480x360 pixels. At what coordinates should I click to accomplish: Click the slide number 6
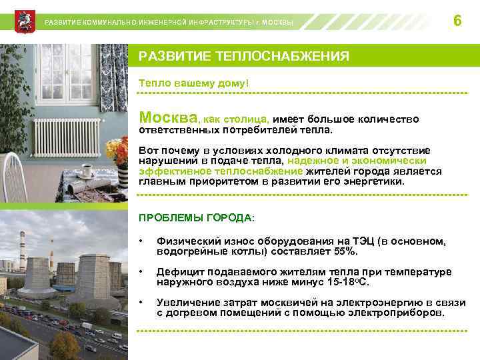coord(457,21)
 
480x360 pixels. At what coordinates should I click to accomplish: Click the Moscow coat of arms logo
coord(23,21)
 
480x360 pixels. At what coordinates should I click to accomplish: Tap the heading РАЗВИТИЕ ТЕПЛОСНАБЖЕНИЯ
coord(243,57)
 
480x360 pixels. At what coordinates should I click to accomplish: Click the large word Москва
coord(168,117)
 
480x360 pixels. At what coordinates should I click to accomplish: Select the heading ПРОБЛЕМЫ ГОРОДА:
coord(196,218)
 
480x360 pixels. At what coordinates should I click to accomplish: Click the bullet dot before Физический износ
coord(141,241)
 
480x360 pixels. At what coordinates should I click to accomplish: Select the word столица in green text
coord(247,119)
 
